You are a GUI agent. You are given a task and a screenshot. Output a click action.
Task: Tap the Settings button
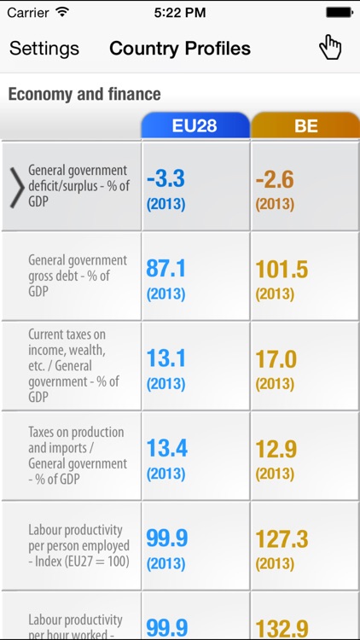point(44,49)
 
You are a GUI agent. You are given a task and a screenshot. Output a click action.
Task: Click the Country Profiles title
point(180,49)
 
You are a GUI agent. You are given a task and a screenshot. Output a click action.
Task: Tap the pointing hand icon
point(330,48)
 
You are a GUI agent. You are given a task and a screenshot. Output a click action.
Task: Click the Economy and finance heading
point(84,94)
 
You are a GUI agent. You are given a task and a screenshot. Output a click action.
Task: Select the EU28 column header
point(195,126)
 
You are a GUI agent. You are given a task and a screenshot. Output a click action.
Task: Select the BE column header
point(305,126)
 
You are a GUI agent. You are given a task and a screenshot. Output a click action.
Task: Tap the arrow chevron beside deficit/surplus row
point(16,187)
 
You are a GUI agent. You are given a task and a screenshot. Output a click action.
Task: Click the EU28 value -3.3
point(165,180)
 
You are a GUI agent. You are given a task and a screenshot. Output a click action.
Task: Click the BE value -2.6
point(275,180)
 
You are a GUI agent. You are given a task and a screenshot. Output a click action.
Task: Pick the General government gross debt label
point(78,276)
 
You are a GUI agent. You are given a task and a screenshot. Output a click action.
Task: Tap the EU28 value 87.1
point(166,270)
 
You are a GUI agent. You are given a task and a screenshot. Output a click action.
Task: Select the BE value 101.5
point(282,270)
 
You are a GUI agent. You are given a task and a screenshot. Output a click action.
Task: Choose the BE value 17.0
point(276,359)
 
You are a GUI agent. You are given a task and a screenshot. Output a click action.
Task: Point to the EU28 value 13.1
point(166,359)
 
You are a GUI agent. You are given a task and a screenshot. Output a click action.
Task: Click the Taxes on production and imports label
point(78,456)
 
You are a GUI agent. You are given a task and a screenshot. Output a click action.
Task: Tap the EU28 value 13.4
point(166,449)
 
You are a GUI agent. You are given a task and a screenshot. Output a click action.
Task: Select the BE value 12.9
point(276,449)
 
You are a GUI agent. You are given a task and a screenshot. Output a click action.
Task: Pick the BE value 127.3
point(282,539)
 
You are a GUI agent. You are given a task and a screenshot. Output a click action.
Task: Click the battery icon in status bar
point(339,13)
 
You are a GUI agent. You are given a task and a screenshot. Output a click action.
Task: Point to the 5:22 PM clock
point(180,13)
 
